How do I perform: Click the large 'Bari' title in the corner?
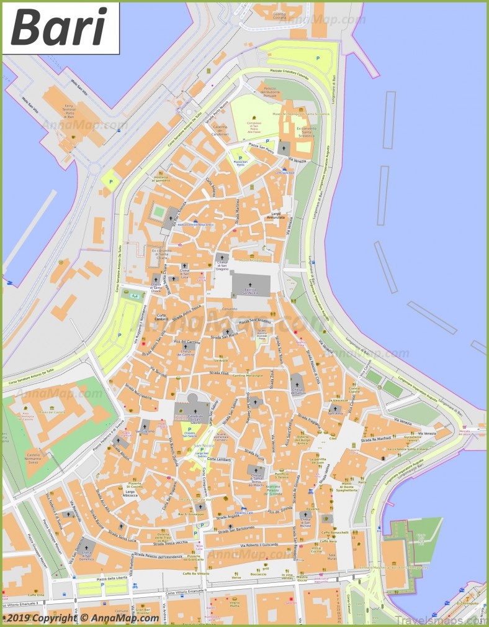click(x=60, y=28)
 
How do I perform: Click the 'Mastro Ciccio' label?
click(x=302, y=579)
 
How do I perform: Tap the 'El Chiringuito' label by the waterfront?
click(x=469, y=602)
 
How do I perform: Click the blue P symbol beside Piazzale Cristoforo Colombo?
click(x=318, y=57)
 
